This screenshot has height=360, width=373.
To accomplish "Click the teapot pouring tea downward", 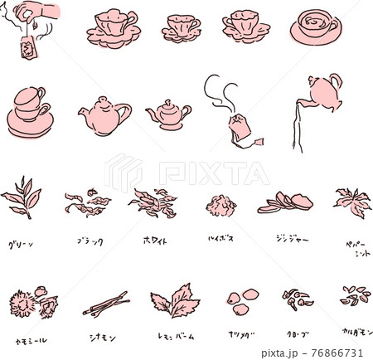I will [323, 93].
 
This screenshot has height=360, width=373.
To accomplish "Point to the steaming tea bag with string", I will [240, 129].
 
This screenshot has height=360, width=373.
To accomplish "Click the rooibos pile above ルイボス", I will [221, 205].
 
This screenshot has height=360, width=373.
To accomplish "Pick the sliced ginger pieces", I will [285, 202].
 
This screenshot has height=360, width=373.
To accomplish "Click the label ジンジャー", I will [292, 239].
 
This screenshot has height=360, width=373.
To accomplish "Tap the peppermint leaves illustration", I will [353, 202].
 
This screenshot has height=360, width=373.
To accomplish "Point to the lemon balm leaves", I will [172, 300].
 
